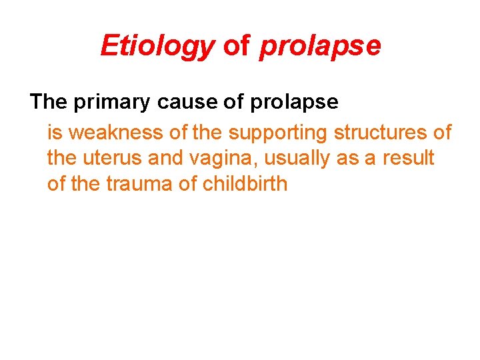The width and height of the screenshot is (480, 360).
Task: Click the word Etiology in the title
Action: click(157, 46)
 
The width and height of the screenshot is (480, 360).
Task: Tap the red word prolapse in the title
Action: click(320, 46)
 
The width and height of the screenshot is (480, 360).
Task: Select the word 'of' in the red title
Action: click(237, 46)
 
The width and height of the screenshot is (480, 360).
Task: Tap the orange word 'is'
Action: click(55, 133)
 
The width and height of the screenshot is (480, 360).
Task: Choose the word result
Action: click(407, 159)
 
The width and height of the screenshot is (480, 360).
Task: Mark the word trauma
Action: click(139, 184)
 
